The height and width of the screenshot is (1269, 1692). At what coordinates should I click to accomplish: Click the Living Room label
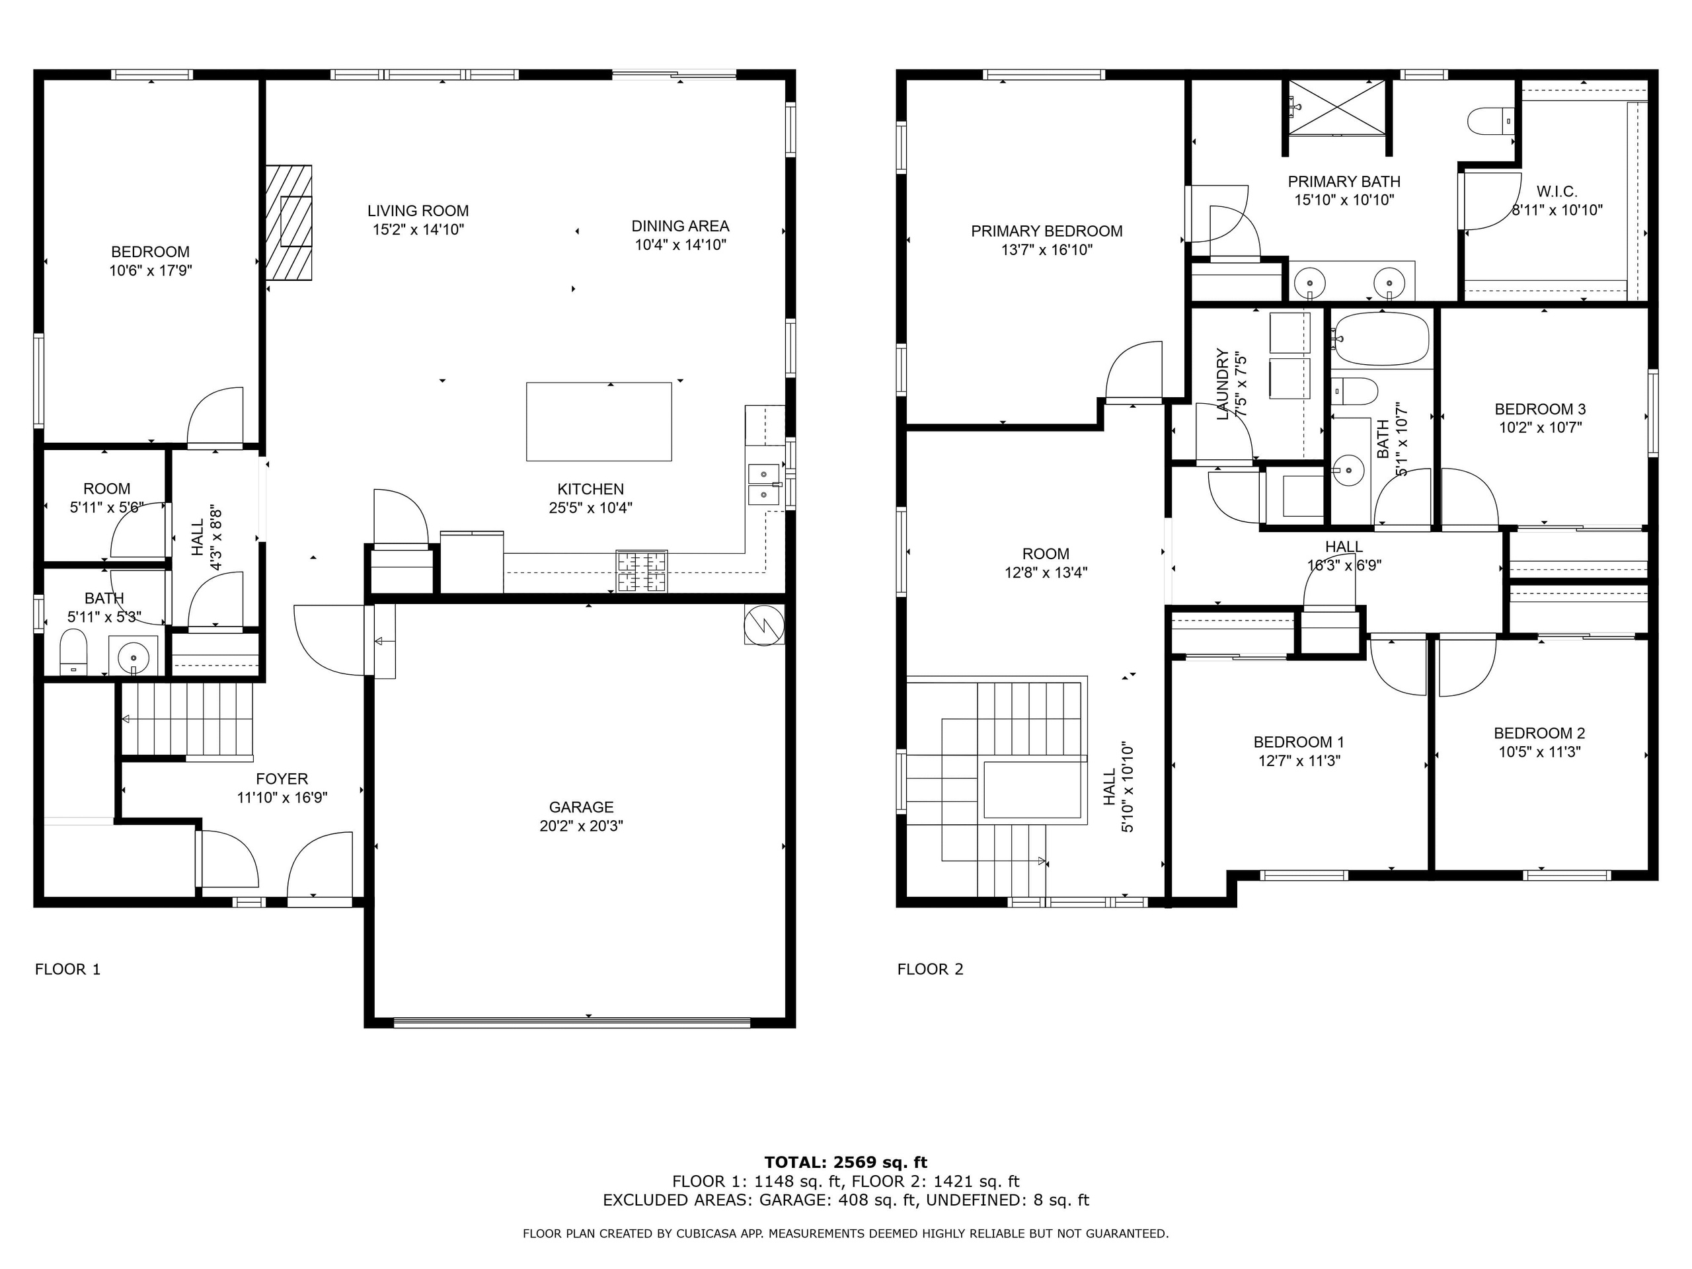(418, 211)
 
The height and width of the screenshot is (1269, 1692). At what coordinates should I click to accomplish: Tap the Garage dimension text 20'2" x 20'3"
(582, 826)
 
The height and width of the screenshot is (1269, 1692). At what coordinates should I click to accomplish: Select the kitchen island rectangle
(599, 422)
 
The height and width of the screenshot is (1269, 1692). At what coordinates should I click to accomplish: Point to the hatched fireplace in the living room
(289, 223)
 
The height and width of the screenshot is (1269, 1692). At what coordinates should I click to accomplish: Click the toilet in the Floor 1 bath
(73, 652)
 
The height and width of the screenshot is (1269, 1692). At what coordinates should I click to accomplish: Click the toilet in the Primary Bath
(1490, 121)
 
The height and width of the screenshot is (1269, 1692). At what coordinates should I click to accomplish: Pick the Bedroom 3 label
(1540, 409)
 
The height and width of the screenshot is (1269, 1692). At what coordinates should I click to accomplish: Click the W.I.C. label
(1557, 192)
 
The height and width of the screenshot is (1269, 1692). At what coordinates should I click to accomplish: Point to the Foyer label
(282, 779)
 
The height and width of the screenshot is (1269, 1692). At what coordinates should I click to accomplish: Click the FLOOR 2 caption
(930, 969)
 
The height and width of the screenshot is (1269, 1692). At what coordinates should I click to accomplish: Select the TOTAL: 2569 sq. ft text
(846, 1163)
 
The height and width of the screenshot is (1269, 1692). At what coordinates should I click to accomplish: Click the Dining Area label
(680, 227)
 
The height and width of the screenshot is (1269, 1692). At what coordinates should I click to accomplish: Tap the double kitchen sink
(765, 484)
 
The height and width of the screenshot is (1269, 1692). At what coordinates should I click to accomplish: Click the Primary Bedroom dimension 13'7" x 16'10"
(1046, 249)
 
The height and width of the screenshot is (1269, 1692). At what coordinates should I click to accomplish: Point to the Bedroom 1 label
(1299, 742)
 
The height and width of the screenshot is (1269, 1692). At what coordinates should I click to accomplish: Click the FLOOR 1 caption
(67, 969)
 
